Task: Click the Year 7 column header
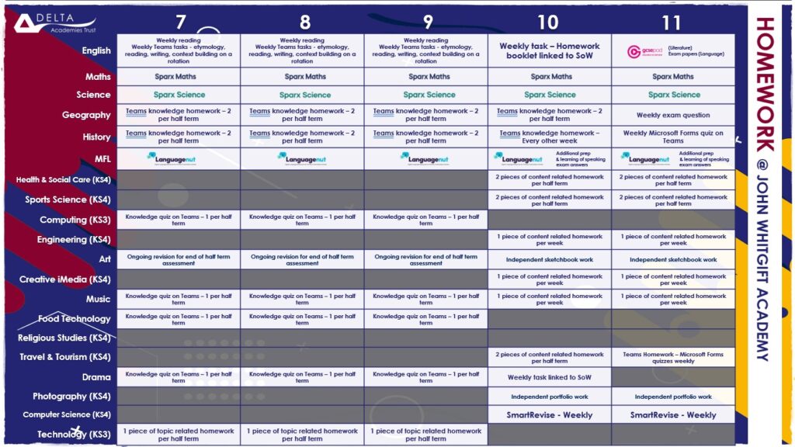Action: pyautogui.click(x=180, y=22)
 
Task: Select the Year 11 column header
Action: pyautogui.click(x=673, y=22)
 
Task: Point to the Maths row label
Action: pyautogui.click(x=98, y=77)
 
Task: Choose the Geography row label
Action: pyautogui.click(x=86, y=115)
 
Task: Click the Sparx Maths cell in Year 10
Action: pyautogui.click(x=550, y=77)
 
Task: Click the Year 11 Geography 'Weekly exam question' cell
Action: pyautogui.click(x=673, y=115)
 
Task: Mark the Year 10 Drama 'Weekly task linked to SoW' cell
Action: pyautogui.click(x=550, y=377)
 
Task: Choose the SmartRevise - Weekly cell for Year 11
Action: pyautogui.click(x=673, y=415)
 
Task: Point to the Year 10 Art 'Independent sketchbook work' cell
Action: pyautogui.click(x=550, y=260)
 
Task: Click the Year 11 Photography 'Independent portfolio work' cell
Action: pyautogui.click(x=673, y=397)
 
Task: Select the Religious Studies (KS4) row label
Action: pyautogui.click(x=64, y=338)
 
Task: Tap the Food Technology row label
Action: pyautogui.click(x=75, y=318)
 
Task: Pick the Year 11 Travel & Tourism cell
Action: pyautogui.click(x=673, y=357)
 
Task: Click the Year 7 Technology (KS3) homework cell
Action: pyautogui.click(x=179, y=435)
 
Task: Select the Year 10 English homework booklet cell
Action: pyautogui.click(x=550, y=51)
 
